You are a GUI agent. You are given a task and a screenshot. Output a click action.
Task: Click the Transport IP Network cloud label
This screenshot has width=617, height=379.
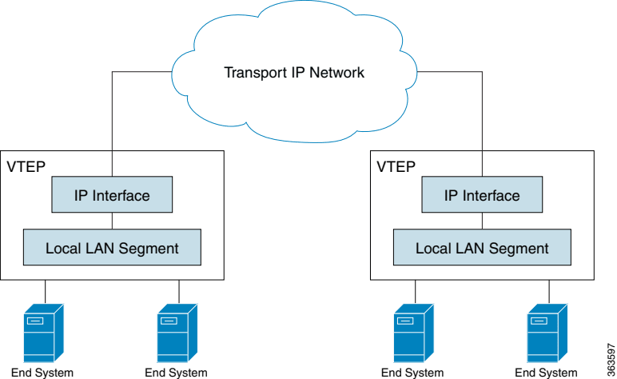(293, 73)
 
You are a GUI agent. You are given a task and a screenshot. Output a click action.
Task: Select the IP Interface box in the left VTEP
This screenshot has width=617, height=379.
(112, 196)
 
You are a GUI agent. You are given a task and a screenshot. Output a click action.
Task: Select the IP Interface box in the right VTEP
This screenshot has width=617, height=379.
(482, 196)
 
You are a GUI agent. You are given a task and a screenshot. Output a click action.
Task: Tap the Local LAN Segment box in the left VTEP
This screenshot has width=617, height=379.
(112, 248)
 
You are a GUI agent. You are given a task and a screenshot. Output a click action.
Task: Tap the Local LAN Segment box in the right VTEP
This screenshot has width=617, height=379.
(482, 248)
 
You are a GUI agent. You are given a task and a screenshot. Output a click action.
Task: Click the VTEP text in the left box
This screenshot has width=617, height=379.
(26, 167)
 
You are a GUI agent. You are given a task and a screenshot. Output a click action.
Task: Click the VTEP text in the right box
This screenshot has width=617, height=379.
(396, 167)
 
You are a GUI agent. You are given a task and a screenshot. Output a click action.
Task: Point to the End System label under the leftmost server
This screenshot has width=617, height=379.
(42, 373)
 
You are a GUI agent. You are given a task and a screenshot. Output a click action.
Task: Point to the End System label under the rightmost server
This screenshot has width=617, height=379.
(546, 373)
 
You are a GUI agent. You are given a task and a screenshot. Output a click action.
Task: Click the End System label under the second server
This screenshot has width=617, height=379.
(176, 373)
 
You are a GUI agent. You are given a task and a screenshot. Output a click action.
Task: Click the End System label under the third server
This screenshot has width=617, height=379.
(412, 373)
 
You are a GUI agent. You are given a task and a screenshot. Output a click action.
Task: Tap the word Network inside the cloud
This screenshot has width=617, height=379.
(337, 73)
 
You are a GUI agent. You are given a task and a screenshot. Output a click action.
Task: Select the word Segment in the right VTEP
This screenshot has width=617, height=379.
(519, 248)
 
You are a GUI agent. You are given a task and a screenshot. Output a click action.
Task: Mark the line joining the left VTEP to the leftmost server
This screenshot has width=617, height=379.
(46, 292)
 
